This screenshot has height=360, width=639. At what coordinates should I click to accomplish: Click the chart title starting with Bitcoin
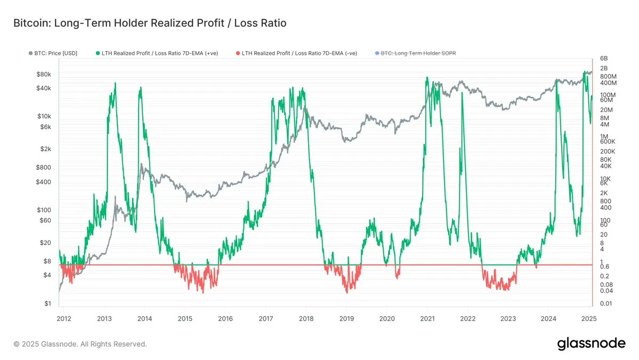[150, 23]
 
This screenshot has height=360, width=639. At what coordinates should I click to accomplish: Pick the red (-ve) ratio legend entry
[300, 53]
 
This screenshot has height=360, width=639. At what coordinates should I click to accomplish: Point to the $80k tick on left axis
[44, 75]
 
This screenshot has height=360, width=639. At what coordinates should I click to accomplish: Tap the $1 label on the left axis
[48, 304]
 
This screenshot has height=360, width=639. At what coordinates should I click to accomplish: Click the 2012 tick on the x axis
[63, 319]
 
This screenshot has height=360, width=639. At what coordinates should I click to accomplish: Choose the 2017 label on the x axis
[265, 319]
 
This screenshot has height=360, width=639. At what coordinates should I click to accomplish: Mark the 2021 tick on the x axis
[427, 319]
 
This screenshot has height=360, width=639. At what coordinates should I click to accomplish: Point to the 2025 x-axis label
[588, 319]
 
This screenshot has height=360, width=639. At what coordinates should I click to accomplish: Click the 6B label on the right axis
[604, 59]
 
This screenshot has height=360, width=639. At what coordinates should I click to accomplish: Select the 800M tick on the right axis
[608, 76]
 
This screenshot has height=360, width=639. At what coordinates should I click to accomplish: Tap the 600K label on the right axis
[608, 142]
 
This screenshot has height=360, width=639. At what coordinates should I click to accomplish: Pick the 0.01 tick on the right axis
[606, 304]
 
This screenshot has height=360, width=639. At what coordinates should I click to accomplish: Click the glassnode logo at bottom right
[591, 343]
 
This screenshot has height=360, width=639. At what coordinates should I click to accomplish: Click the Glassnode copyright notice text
[80, 344]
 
